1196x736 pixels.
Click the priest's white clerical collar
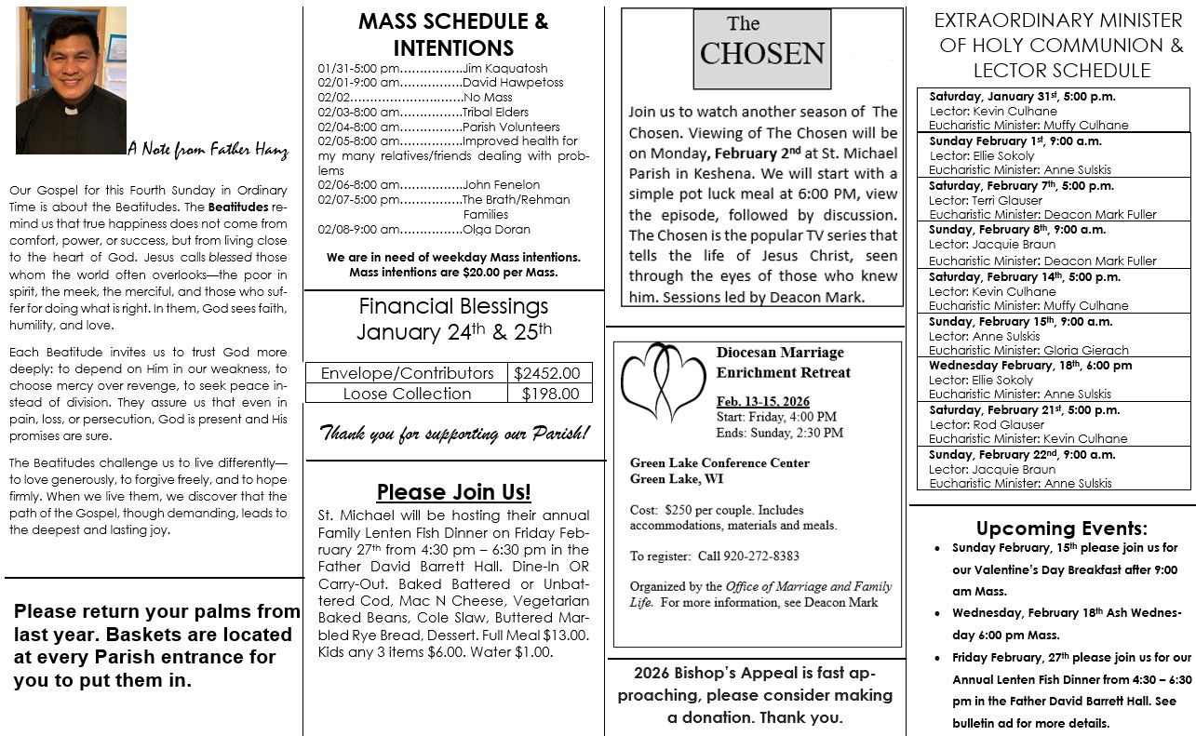point(72,109)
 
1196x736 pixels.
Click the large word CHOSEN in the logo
point(762,54)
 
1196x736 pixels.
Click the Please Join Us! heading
point(453,491)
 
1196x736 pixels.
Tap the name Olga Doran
point(497,230)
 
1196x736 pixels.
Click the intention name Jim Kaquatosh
point(505,68)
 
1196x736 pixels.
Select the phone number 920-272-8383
point(754,555)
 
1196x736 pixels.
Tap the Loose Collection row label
point(407,394)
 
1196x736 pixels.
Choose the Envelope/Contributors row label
point(407,373)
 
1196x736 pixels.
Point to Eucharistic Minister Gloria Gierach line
point(1028,350)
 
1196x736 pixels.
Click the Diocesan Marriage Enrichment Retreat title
point(784,362)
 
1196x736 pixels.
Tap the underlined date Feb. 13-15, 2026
point(762,400)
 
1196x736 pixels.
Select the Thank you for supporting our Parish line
point(454,434)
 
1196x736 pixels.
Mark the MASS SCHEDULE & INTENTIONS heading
point(453,34)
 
